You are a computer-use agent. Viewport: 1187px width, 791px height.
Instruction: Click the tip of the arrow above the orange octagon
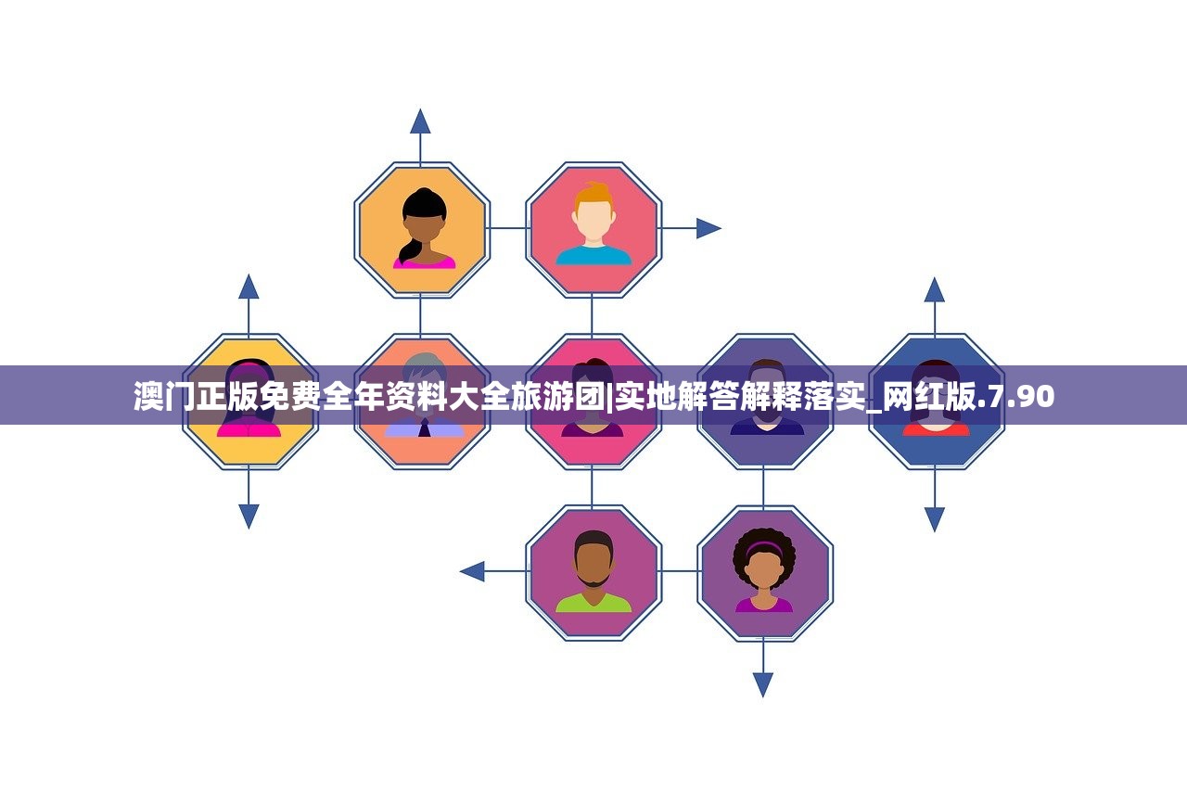[420, 109]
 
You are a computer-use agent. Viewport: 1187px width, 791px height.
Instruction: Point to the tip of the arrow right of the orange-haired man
[721, 228]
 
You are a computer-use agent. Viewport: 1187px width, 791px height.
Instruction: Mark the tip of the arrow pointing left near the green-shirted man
[459, 571]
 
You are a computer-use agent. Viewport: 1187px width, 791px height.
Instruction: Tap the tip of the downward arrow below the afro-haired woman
[763, 697]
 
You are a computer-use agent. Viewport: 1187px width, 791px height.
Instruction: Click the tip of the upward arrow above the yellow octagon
[249, 274]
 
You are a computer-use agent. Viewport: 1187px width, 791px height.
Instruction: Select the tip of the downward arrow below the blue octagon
[934, 532]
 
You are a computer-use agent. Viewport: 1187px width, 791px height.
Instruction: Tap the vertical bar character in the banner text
[610, 397]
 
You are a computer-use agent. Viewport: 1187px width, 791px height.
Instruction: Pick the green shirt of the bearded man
[593, 603]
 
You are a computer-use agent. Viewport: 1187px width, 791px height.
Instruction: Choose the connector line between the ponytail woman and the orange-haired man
[507, 228]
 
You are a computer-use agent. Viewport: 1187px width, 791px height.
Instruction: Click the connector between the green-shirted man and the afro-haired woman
[679, 571]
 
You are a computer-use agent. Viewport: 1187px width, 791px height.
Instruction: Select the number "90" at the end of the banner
[1035, 396]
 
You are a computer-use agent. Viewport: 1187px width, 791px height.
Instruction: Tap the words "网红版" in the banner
[930, 396]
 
